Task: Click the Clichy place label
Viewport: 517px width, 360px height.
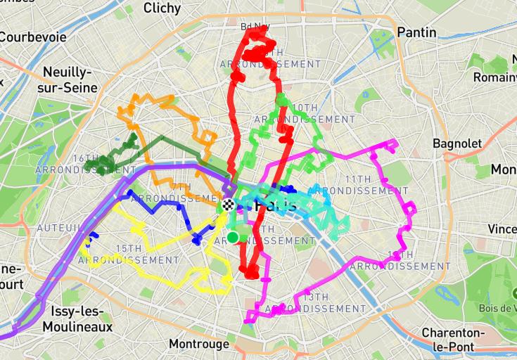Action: [162, 8]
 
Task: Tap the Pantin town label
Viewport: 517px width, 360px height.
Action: [416, 32]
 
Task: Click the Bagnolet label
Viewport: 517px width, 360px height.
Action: [457, 143]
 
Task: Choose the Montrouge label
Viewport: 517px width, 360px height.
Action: [199, 344]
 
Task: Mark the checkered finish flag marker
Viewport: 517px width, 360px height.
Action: [228, 206]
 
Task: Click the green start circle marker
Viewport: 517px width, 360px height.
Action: [233, 236]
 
